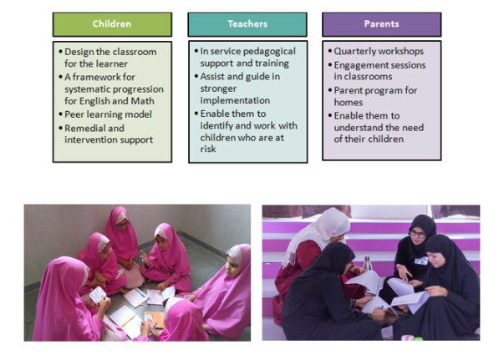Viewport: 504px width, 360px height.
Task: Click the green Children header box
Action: pos(112,24)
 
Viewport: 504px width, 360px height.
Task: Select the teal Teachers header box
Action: pos(247,24)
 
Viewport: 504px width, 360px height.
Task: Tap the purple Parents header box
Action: pos(381,24)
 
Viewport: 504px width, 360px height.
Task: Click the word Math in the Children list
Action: pos(142,101)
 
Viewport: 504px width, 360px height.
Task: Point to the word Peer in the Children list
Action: pos(74,114)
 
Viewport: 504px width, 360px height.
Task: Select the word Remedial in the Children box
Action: pos(85,128)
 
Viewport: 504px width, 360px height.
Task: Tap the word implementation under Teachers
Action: pos(235,100)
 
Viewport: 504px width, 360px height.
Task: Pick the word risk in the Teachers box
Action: pos(208,149)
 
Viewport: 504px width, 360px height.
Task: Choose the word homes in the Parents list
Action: pos(348,103)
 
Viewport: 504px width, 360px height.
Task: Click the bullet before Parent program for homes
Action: pos(330,90)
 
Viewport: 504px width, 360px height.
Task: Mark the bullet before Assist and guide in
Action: pos(196,76)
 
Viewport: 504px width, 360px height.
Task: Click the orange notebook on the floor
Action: pos(155,320)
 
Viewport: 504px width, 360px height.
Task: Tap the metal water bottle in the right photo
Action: pos(367,263)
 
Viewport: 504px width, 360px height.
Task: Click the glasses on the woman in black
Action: pos(418,233)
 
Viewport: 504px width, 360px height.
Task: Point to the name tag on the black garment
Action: pos(421,261)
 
